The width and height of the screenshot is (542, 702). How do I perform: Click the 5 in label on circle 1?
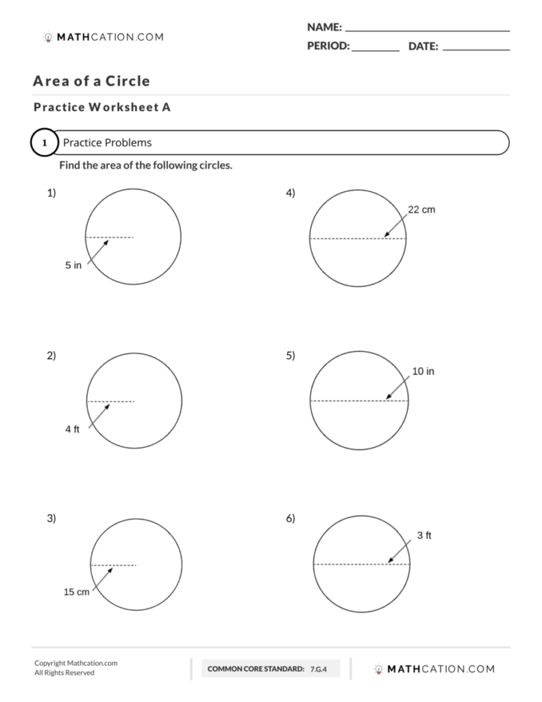point(73,265)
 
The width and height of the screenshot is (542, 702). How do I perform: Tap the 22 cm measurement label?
point(421,210)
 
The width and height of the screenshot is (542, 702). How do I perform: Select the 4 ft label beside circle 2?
point(73,429)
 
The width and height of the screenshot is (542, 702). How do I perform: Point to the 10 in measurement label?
point(423,372)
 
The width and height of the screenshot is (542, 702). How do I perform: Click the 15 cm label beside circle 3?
point(77,592)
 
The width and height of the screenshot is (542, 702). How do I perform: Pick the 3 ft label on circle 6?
point(424,535)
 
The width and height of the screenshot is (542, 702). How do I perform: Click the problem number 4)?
point(291,193)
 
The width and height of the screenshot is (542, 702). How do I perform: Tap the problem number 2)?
point(51,355)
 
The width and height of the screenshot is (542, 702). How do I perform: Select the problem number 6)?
point(291,518)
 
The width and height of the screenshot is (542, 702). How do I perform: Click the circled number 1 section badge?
point(45,143)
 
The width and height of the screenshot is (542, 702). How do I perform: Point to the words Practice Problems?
point(107,143)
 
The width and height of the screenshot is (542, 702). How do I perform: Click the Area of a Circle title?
point(91,82)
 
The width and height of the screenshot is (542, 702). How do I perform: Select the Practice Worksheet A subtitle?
point(101,107)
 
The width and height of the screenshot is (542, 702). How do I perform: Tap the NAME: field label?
point(324,27)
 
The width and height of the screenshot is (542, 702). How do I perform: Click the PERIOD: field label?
point(328,47)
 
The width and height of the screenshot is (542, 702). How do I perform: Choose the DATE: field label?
point(423,47)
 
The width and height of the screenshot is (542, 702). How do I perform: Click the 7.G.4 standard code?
point(319,668)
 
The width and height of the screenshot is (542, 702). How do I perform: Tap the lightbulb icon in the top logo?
point(47,38)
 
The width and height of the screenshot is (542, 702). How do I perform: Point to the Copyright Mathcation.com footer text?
point(76,663)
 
